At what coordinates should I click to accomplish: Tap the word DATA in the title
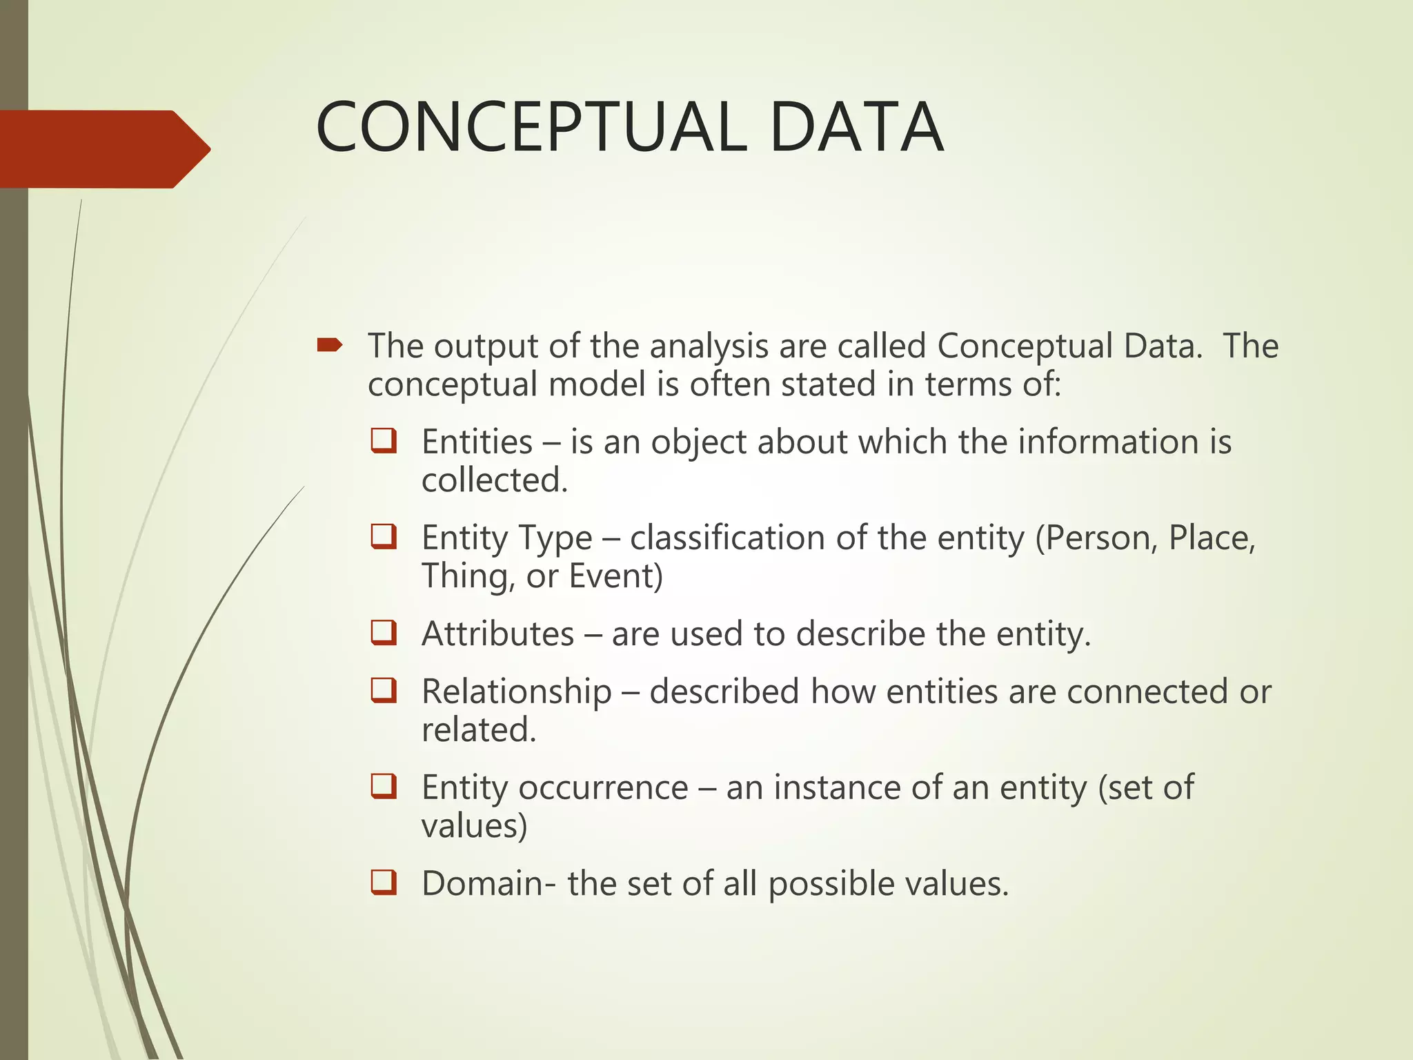click(856, 128)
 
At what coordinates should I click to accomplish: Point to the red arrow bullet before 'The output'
click(330, 344)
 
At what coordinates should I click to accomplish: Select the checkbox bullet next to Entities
click(384, 441)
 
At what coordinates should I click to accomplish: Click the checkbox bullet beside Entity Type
click(384, 537)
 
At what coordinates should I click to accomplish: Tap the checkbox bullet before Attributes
click(384, 633)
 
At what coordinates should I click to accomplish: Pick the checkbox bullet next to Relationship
click(384, 691)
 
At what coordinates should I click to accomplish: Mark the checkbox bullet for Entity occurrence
click(384, 787)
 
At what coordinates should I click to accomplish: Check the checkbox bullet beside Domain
click(384, 883)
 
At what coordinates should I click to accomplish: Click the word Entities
click(477, 442)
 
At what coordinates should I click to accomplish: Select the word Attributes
click(497, 634)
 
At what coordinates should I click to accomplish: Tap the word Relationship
click(517, 691)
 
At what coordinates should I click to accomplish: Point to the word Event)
click(615, 576)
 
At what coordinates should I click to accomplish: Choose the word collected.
click(495, 480)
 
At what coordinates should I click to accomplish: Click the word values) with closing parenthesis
click(474, 825)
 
